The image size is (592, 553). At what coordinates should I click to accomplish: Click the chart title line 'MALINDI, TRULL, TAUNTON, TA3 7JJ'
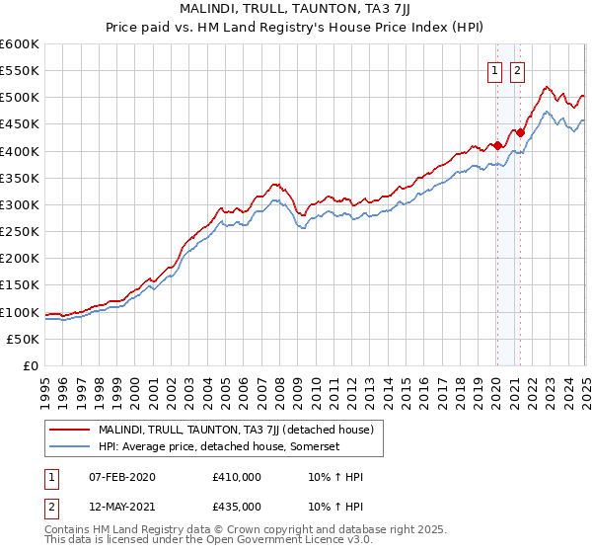(x=295, y=9)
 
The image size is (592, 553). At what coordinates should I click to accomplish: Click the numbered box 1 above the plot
(x=493, y=69)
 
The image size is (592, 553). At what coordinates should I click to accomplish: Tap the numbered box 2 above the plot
(x=517, y=69)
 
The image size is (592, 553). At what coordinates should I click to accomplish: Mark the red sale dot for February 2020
(x=497, y=146)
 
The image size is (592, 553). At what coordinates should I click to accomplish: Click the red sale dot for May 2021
(x=520, y=132)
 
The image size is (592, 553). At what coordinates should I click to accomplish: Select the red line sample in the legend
(x=70, y=430)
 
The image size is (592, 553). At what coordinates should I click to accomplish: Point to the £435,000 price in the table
(x=236, y=506)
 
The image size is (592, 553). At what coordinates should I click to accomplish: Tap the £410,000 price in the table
(x=236, y=477)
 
